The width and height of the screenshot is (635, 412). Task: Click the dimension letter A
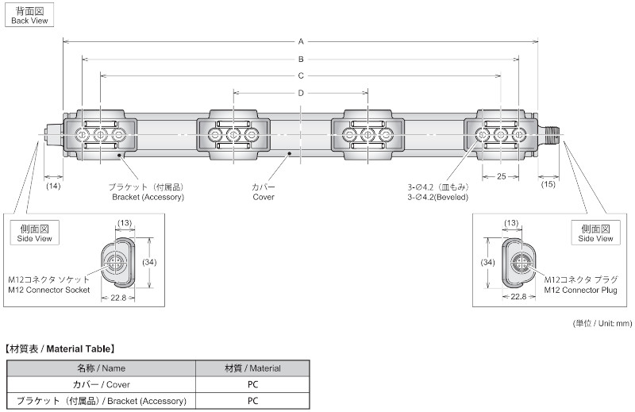(301, 41)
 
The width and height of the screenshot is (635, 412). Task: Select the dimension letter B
(301, 60)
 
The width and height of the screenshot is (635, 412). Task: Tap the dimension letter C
(301, 75)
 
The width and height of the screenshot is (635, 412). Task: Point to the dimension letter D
(301, 93)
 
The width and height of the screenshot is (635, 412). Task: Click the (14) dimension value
(53, 186)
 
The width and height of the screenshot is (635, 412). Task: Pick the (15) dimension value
(548, 184)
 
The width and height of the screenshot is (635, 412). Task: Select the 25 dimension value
(502, 177)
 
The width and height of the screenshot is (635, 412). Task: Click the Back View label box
(29, 15)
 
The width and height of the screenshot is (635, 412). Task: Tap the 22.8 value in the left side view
(118, 298)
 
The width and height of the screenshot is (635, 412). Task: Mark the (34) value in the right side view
(487, 263)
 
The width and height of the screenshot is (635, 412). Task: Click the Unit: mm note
(602, 323)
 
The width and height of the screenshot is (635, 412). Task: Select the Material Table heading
(60, 348)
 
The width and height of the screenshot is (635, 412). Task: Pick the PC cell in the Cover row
(252, 384)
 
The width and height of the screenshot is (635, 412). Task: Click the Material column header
(252, 368)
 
